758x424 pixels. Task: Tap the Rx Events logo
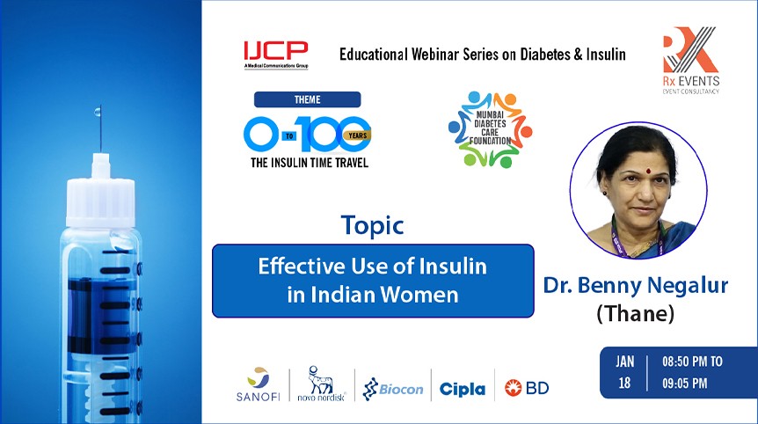pyautogui.click(x=690, y=61)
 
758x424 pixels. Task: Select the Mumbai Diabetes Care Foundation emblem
pyautogui.click(x=489, y=128)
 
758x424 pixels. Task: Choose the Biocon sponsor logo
pyautogui.click(x=393, y=387)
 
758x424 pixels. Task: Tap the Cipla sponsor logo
pyautogui.click(x=462, y=388)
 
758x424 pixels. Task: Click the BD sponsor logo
pyautogui.click(x=527, y=387)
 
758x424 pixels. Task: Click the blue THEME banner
pyautogui.click(x=307, y=99)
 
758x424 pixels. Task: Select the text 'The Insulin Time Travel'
pyautogui.click(x=307, y=162)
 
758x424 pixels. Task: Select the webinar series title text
pyautogui.click(x=482, y=55)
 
